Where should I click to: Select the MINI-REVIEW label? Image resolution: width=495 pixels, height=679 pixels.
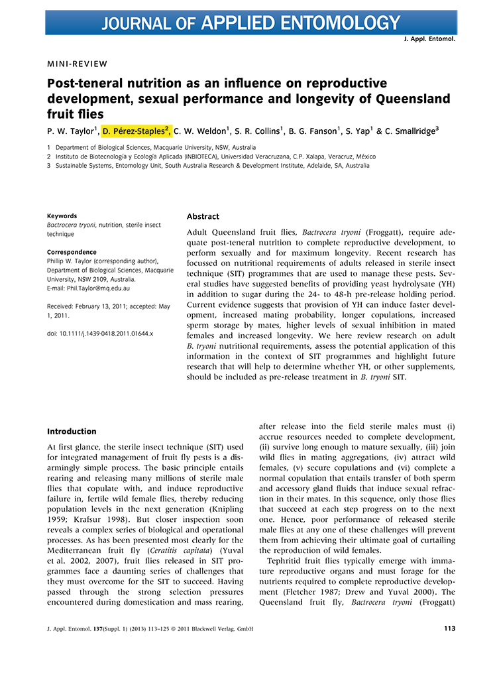point(77,64)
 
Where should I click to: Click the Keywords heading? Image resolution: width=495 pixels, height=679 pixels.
point(62,216)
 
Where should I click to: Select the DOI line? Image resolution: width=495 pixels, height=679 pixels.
point(100,334)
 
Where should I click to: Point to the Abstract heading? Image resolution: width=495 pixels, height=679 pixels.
point(203,217)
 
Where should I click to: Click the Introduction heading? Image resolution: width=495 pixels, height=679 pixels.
point(72,431)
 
